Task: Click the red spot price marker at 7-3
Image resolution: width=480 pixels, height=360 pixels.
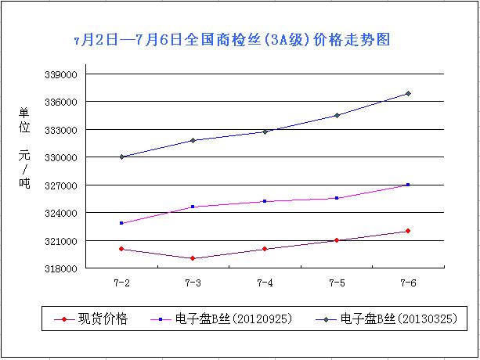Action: pyautogui.click(x=193, y=258)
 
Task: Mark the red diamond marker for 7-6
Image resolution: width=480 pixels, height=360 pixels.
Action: pyautogui.click(x=408, y=231)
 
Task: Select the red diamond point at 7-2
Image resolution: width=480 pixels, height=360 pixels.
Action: pyautogui.click(x=121, y=249)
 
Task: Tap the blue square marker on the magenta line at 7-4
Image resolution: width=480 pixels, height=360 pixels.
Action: pyautogui.click(x=265, y=201)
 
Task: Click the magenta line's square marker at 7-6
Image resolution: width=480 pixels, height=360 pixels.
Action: pyautogui.click(x=408, y=185)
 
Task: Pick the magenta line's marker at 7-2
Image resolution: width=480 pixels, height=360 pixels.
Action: pyautogui.click(x=121, y=223)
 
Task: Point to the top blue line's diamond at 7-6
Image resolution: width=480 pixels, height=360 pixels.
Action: pyautogui.click(x=408, y=94)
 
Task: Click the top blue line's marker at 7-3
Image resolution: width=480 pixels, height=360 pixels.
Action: pyautogui.click(x=193, y=140)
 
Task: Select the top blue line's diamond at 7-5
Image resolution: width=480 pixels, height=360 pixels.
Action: pyautogui.click(x=337, y=115)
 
